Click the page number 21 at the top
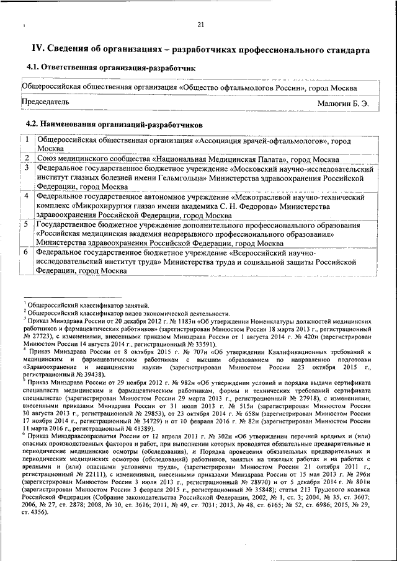200,25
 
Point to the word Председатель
45,101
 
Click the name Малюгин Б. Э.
343,104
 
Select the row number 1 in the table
27,141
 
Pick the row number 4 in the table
27,197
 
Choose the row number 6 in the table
27,253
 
